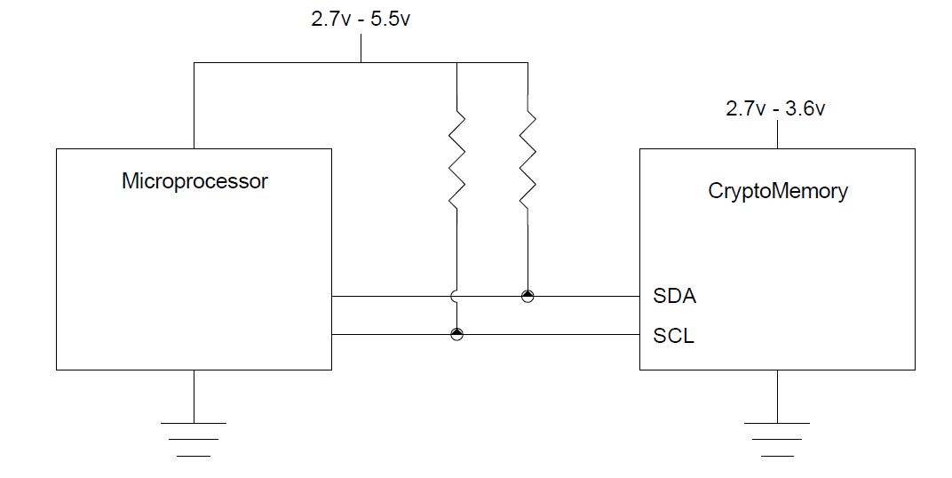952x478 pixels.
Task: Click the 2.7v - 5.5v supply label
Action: tap(361, 19)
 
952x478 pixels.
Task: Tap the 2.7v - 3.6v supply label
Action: tap(775, 109)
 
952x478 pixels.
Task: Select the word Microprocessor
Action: tap(194, 182)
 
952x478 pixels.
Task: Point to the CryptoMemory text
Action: tap(777, 191)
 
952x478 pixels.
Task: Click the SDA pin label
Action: tap(674, 297)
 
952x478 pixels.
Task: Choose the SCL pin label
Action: tap(673, 337)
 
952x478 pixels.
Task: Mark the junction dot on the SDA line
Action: tap(528, 296)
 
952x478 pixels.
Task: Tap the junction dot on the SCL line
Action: tap(456, 334)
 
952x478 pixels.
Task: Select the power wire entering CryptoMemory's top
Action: tap(777, 134)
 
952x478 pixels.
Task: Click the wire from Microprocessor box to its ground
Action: tap(194, 396)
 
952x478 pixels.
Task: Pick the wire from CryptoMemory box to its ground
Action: tap(777, 396)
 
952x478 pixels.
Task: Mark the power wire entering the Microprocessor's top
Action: tap(194, 107)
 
